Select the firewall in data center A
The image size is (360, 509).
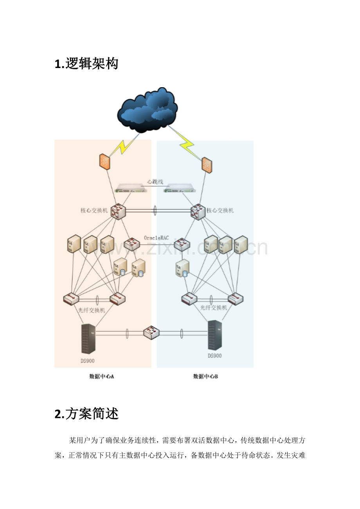[x=104, y=161]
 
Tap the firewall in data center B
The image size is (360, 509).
[x=207, y=165]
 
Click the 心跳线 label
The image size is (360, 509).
[x=155, y=182]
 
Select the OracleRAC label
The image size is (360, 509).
[x=156, y=238]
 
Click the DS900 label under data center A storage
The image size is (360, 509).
[x=87, y=360]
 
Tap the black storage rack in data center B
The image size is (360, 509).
[x=215, y=335]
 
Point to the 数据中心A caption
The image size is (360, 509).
[x=101, y=376]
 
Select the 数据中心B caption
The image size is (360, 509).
[x=205, y=376]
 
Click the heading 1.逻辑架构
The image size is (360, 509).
[x=86, y=63]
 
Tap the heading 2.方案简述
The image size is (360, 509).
[x=86, y=413]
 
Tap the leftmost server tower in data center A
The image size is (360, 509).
[x=74, y=244]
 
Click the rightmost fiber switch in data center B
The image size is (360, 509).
[x=236, y=299]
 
